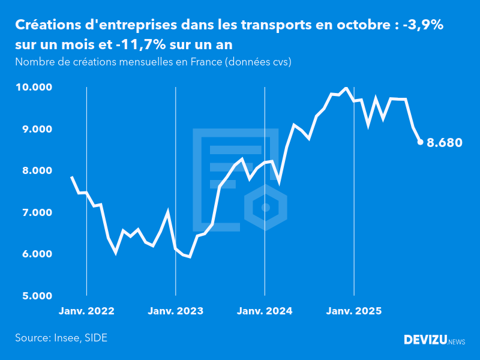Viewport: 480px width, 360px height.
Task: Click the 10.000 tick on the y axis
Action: tap(34, 88)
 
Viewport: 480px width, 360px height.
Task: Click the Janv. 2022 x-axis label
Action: tap(86, 311)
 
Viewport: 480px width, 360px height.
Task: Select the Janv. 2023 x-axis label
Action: tap(176, 311)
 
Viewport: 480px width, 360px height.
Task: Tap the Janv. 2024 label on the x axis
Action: tap(265, 311)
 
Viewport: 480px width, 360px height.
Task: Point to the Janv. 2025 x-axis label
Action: tap(354, 311)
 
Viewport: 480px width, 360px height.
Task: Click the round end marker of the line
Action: tap(420, 142)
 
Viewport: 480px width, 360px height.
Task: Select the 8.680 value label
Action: tap(444, 143)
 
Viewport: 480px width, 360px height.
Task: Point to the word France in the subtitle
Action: tap(203, 62)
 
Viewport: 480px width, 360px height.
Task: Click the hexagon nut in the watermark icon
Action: tap(266, 208)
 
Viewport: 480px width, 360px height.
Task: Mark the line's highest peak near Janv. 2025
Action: tap(346, 88)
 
